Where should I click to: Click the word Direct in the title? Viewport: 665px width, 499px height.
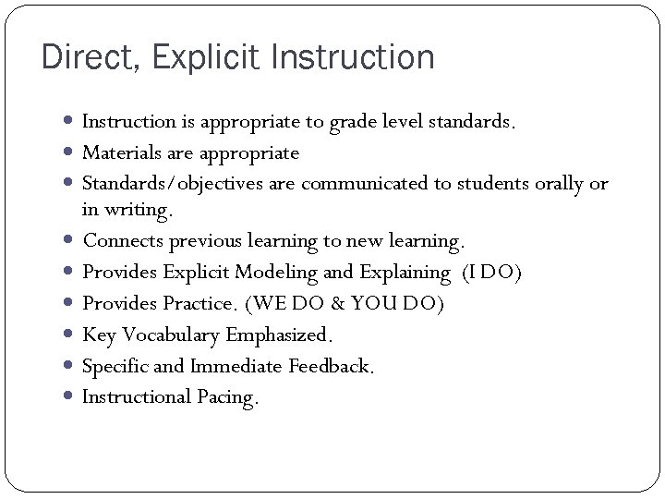click(87, 58)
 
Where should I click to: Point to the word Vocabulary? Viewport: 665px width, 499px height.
click(168, 335)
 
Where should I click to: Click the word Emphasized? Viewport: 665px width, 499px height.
click(278, 335)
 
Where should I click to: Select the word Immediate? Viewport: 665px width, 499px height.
click(237, 366)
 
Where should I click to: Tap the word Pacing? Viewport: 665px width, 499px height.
click(227, 397)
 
